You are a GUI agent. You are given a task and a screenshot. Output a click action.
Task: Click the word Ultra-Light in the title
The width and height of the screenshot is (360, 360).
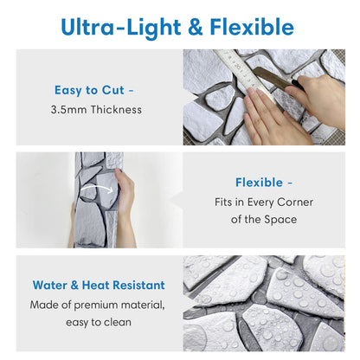click(121, 28)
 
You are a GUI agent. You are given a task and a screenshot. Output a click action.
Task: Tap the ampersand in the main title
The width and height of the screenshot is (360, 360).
click(196, 27)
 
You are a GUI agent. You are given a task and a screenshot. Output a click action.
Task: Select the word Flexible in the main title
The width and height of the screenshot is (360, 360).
click(252, 27)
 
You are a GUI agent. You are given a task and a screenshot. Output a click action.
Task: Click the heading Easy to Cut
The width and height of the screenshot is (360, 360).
click(89, 90)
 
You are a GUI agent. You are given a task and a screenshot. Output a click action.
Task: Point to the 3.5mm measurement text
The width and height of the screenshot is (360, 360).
click(68, 110)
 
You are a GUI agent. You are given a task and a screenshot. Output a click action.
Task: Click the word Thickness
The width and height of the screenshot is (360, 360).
click(116, 110)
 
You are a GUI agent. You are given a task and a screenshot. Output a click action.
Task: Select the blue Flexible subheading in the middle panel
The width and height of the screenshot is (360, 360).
click(259, 183)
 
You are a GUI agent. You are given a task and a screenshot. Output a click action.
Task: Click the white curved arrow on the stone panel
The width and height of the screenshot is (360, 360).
click(96, 188)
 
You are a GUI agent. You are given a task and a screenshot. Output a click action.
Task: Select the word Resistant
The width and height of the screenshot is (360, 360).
click(138, 285)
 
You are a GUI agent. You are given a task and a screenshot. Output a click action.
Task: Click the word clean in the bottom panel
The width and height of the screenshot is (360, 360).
click(118, 322)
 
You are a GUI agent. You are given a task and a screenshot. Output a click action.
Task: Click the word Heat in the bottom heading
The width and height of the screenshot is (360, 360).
click(95, 285)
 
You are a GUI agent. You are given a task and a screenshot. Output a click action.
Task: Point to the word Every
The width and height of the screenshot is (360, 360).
click(260, 202)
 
